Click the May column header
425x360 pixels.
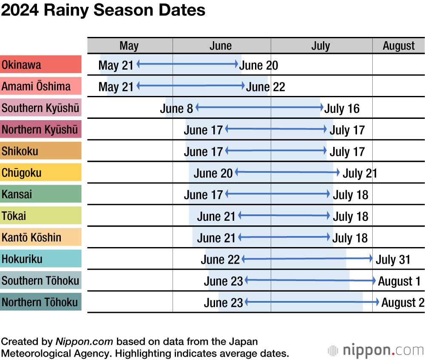129,46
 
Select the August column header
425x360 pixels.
399,46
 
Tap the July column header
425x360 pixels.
320,46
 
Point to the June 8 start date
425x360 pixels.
176,109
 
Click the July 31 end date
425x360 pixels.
393,259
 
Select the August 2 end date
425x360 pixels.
403,303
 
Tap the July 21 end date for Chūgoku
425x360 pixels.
360,173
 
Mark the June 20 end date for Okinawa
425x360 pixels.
258,65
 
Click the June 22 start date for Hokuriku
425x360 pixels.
220,259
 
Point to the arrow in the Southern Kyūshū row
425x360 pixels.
260,107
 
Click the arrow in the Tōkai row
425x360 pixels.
284,216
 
